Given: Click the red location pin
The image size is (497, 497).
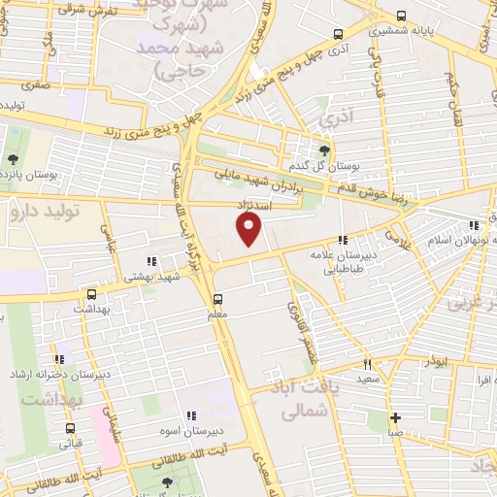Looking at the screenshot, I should (x=249, y=229).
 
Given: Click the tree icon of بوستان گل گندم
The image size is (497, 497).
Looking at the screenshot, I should (x=325, y=150).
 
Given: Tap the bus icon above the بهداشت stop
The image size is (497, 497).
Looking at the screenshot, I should (x=92, y=293).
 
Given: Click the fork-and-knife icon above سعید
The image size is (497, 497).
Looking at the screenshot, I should (x=367, y=365).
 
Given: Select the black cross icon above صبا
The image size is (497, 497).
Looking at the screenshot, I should (x=395, y=418).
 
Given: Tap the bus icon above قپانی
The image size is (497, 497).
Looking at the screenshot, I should (x=70, y=428).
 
